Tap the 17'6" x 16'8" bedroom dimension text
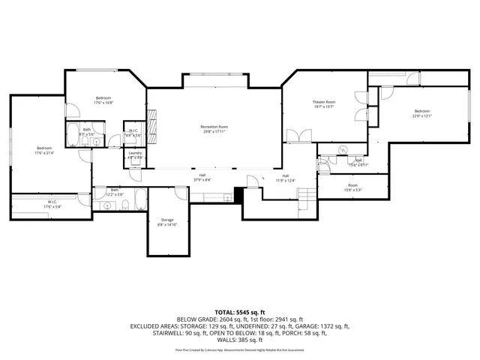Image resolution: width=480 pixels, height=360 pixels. click(x=103, y=103)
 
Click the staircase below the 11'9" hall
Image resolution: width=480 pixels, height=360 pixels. click(x=305, y=198)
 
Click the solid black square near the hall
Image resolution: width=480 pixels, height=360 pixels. click(x=239, y=194)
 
